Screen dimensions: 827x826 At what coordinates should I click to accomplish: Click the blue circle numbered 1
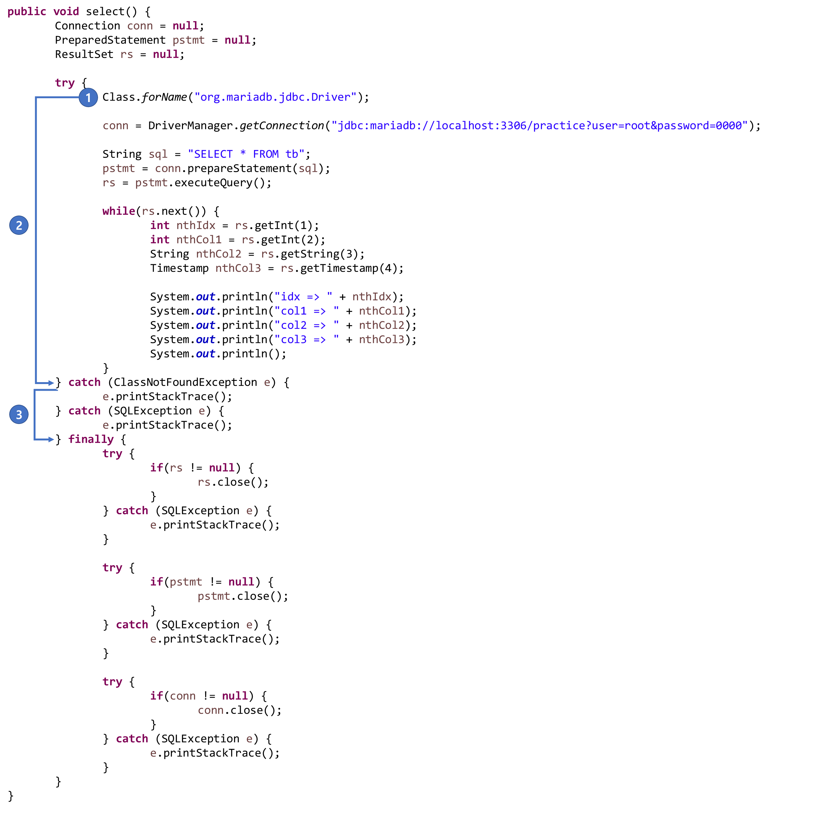pyautogui.click(x=88, y=98)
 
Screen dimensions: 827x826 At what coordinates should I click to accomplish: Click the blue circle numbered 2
pyautogui.click(x=19, y=226)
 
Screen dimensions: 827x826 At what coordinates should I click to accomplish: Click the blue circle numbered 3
pyautogui.click(x=19, y=414)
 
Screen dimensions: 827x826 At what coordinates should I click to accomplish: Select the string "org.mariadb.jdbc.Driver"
pyautogui.click(x=275, y=97)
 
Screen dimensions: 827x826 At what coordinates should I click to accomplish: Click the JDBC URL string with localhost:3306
pyautogui.click(x=539, y=125)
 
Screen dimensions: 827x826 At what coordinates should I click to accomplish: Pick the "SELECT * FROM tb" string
pyautogui.click(x=246, y=154)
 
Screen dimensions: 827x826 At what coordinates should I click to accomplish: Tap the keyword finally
pyautogui.click(x=91, y=439)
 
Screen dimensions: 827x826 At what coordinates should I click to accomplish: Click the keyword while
pyautogui.click(x=118, y=211)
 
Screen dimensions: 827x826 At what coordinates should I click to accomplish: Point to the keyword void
pyautogui.click(x=66, y=11)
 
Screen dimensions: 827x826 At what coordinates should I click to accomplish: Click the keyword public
pyautogui.click(x=27, y=11)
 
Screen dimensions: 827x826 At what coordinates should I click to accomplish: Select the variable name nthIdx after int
pyautogui.click(x=196, y=226)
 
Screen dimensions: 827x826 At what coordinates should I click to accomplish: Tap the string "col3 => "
pyautogui.click(x=307, y=339)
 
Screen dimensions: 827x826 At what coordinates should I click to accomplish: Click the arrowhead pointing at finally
pyautogui.click(x=51, y=439)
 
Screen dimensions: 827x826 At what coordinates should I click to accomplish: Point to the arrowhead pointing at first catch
pyautogui.click(x=51, y=383)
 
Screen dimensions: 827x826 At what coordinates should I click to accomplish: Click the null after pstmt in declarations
pyautogui.click(x=237, y=40)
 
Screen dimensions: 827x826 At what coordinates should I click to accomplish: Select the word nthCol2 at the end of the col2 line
pyautogui.click(x=381, y=325)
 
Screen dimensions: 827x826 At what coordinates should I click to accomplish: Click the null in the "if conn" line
pyautogui.click(x=235, y=696)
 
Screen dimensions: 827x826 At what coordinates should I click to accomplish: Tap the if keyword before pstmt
pyautogui.click(x=156, y=582)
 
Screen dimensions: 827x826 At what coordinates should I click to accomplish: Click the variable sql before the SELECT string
pyautogui.click(x=158, y=154)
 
